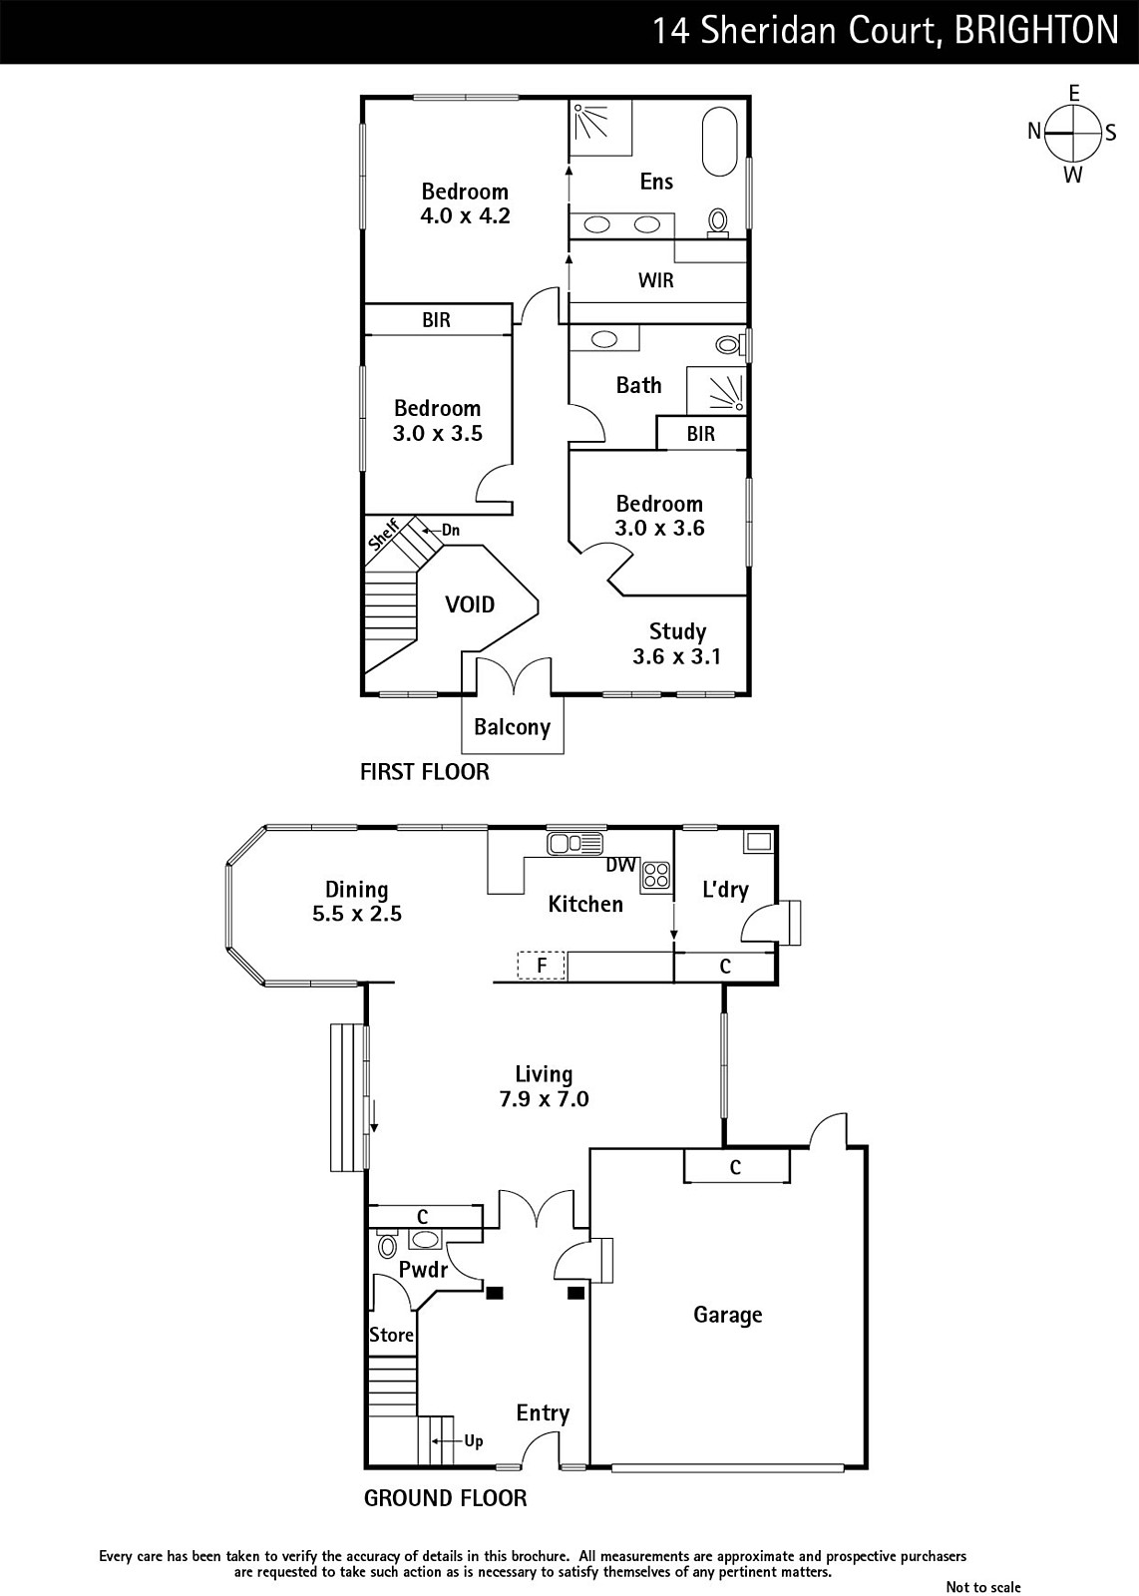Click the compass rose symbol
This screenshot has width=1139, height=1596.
click(1072, 134)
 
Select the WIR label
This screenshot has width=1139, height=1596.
click(655, 280)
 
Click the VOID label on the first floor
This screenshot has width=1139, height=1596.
click(470, 604)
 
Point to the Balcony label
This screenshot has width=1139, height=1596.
click(513, 727)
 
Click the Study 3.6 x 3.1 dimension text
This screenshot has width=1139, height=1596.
click(676, 656)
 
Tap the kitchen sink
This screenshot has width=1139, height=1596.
click(574, 843)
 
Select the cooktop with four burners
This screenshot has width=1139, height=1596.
click(656, 876)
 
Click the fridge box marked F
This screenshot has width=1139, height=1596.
click(542, 967)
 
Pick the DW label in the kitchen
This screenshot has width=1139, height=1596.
click(620, 864)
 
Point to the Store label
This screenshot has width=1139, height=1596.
click(391, 1335)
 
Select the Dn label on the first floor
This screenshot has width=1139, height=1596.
click(450, 530)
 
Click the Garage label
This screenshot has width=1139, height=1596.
click(728, 1315)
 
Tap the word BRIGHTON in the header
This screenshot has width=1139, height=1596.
click(1037, 31)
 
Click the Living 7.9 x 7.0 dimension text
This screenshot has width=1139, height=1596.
click(545, 1098)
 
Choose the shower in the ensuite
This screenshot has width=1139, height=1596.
click(599, 127)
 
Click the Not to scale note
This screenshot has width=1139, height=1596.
click(983, 1587)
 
